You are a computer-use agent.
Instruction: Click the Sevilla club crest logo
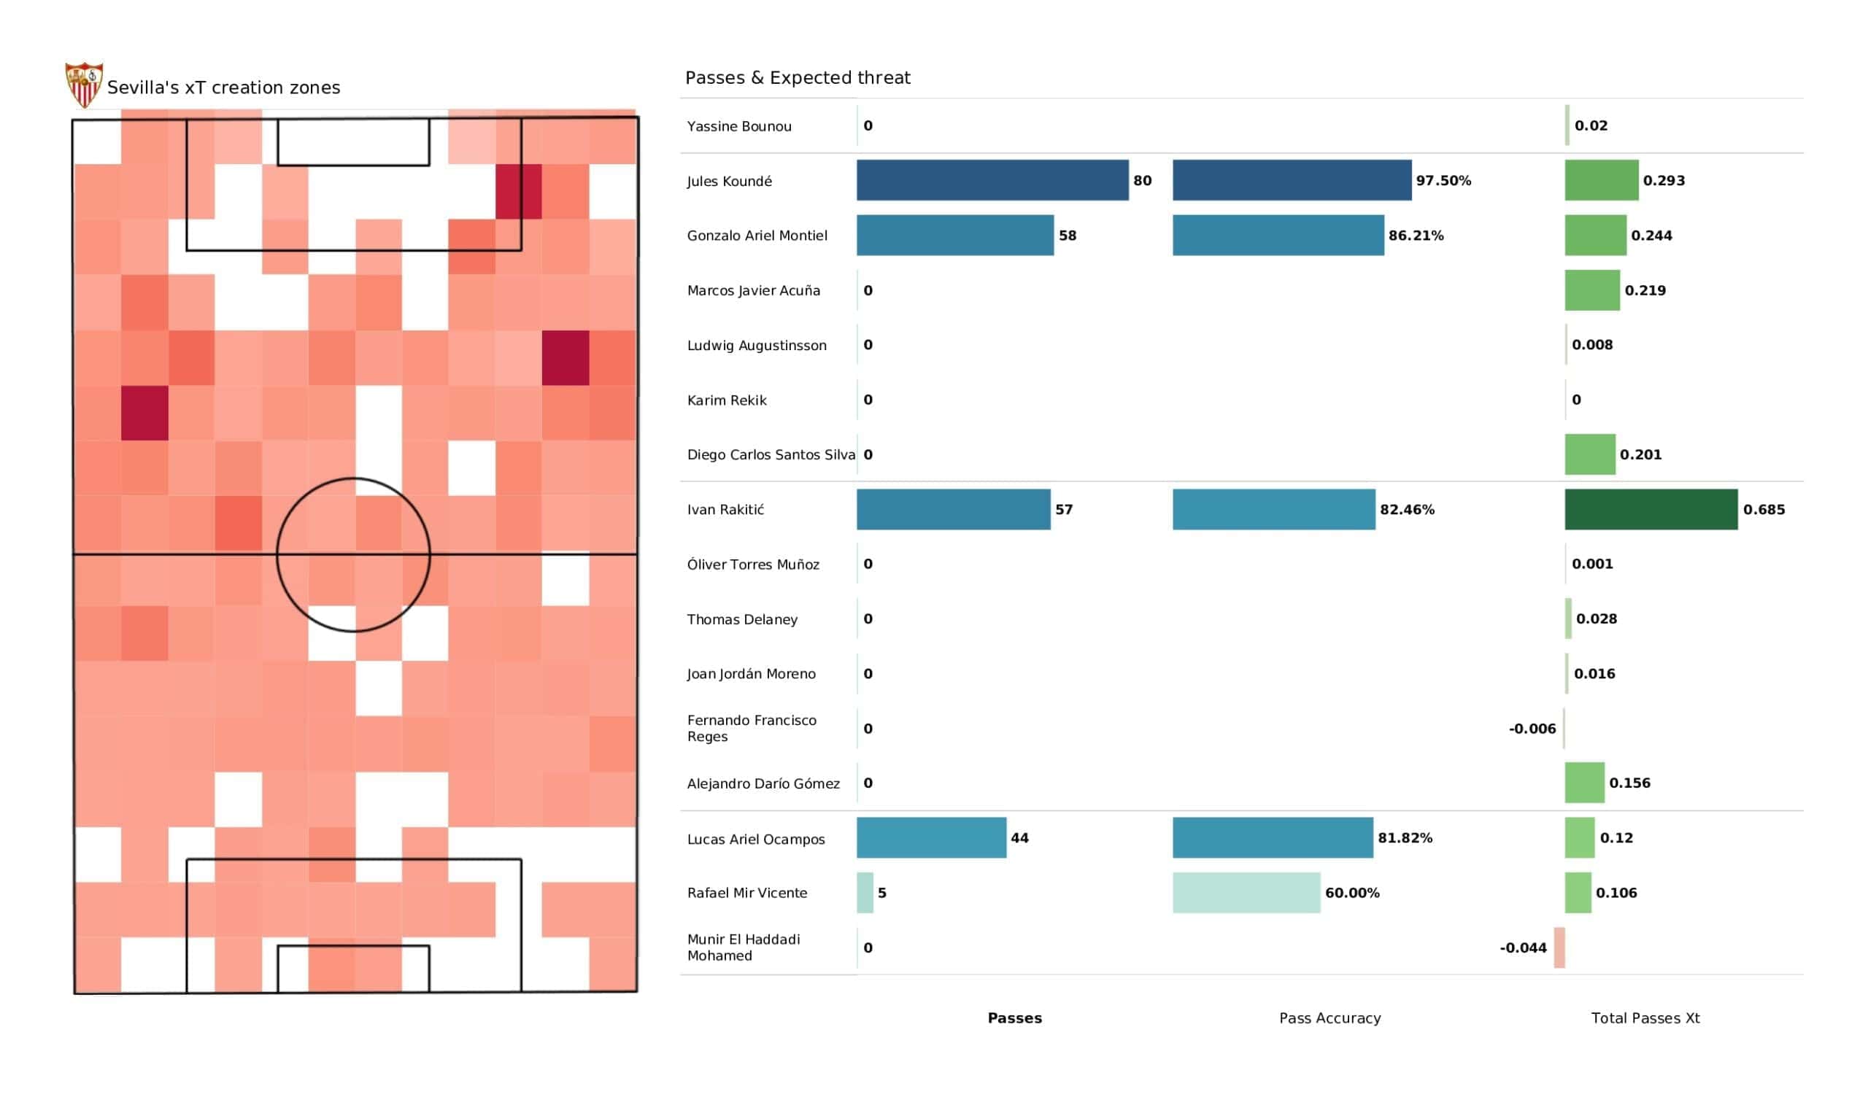[84, 85]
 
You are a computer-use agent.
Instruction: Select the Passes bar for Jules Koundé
[992, 180]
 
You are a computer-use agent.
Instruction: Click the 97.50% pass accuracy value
[1443, 181]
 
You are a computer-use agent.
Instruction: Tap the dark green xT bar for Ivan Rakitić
[1651, 509]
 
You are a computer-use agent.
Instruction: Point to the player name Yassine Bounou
[739, 126]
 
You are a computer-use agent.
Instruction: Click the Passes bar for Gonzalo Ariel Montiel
[954, 235]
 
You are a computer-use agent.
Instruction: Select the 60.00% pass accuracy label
[1352, 894]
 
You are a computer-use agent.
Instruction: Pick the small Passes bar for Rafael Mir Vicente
[865, 893]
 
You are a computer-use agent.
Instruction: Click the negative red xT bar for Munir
[1559, 947]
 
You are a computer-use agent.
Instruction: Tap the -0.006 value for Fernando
[1532, 729]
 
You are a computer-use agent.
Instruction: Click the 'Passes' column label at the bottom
[1015, 1018]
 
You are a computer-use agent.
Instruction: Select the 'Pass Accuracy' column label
[1329, 1018]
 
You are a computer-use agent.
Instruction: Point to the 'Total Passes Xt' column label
[1645, 1018]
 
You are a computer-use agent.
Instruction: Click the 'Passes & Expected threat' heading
[798, 78]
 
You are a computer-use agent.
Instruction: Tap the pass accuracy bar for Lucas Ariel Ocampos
[1273, 837]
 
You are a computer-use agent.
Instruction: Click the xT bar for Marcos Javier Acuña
[1592, 290]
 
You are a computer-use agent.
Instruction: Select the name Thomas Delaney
[742, 620]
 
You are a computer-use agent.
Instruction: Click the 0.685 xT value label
[1764, 510]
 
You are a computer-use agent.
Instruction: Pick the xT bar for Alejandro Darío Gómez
[1585, 783]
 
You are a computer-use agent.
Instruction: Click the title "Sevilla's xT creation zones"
[224, 88]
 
